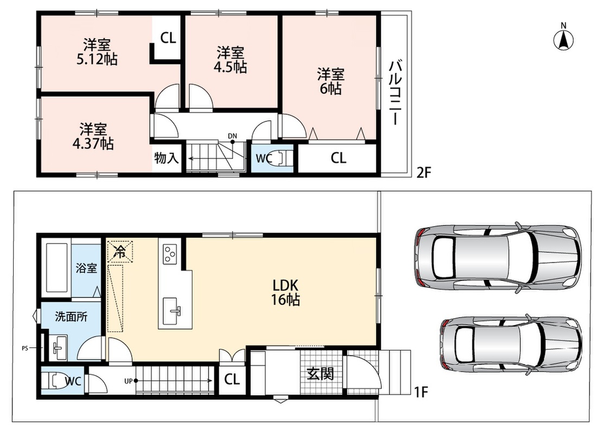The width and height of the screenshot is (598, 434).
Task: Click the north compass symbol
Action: pyautogui.click(x=564, y=37)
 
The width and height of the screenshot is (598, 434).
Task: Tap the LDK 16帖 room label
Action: pyautogui.click(x=285, y=292)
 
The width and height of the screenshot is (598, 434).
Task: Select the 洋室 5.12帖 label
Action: pyautogui.click(x=97, y=52)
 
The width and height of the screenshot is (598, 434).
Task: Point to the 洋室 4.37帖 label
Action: pyautogui.click(x=93, y=136)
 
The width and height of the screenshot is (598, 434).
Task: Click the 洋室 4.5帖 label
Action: pyautogui.click(x=230, y=60)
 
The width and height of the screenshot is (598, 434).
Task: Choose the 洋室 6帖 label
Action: pyautogui.click(x=331, y=81)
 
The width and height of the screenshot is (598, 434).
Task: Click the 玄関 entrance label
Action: pyautogui.click(x=321, y=374)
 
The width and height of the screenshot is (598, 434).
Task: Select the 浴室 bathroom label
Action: pyautogui.click(x=86, y=268)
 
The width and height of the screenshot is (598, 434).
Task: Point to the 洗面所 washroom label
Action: pyautogui.click(x=72, y=316)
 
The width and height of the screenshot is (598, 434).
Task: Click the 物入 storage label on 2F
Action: pyautogui.click(x=166, y=158)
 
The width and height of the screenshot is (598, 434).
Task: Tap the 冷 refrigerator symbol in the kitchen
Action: pyautogui.click(x=120, y=251)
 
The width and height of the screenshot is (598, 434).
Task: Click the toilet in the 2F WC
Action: pyautogui.click(x=282, y=157)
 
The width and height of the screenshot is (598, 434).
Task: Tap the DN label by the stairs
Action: pyautogui.click(x=232, y=136)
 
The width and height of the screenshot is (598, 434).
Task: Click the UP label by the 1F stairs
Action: pyautogui.click(x=128, y=381)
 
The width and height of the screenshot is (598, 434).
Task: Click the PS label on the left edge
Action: pyautogui.click(x=25, y=348)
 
